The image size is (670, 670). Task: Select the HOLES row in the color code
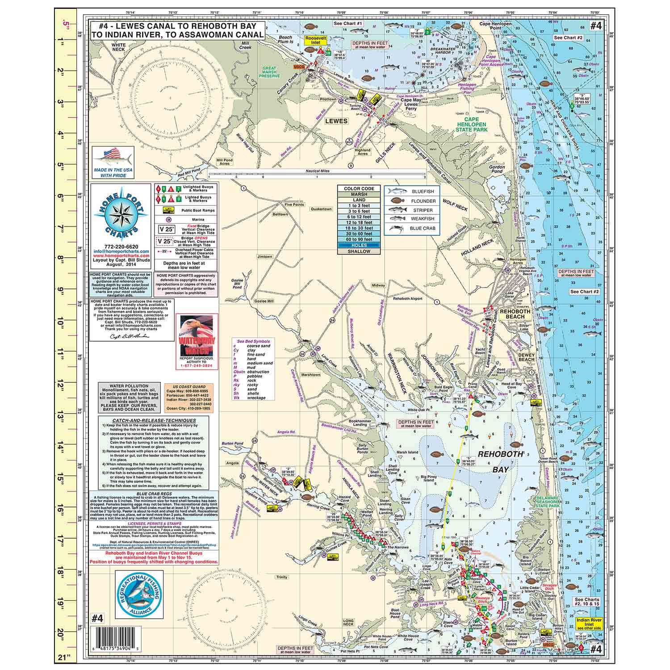click(x=359, y=245)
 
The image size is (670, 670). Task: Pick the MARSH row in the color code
click(x=359, y=194)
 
